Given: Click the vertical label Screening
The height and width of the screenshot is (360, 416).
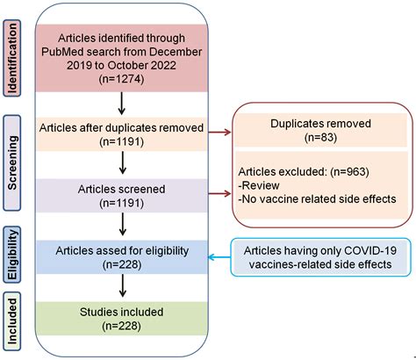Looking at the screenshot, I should [14, 160].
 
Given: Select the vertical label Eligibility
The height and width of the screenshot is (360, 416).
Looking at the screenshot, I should [14, 251].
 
